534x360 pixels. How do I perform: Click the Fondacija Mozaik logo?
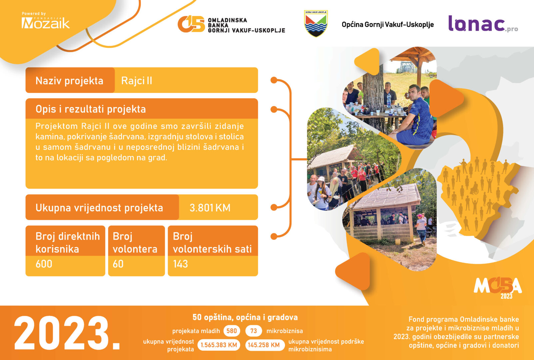pyautogui.click(x=46, y=21)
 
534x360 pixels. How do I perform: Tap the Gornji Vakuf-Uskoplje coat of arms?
pyautogui.click(x=316, y=23)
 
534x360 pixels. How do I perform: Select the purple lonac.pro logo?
pyautogui.click(x=483, y=24)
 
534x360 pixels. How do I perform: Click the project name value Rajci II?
pyautogui.click(x=137, y=81)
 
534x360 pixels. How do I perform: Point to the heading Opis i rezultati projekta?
pyautogui.click(x=91, y=109)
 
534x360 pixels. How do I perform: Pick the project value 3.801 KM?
pyautogui.click(x=210, y=208)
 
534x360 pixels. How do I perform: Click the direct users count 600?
pyautogui.click(x=44, y=264)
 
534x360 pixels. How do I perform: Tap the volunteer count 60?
pyautogui.click(x=118, y=264)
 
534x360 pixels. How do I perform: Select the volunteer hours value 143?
pyautogui.click(x=181, y=264)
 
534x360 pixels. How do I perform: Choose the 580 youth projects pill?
pyautogui.click(x=232, y=331)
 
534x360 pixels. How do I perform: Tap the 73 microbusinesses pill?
pyautogui.click(x=254, y=331)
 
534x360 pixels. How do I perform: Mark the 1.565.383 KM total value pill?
pyautogui.click(x=219, y=345)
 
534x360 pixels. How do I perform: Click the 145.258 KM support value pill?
pyautogui.click(x=264, y=345)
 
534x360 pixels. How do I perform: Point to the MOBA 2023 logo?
pyautogui.click(x=498, y=287)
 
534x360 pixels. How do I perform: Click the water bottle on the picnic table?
pyautogui.click(x=389, y=99)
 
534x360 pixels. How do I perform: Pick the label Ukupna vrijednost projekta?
pyautogui.click(x=99, y=208)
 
